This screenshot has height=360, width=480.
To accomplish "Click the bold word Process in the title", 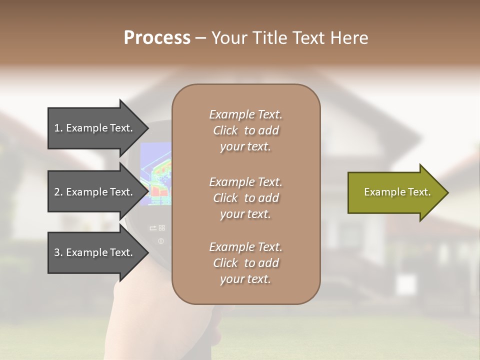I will click(157, 38).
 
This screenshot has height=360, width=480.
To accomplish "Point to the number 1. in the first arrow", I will click(58, 128).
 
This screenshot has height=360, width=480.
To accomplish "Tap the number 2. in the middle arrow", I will click(58, 192).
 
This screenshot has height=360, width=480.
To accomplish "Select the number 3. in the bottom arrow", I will click(58, 252).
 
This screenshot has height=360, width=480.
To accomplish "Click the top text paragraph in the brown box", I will click(245, 130).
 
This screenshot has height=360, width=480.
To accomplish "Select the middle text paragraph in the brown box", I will click(245, 198).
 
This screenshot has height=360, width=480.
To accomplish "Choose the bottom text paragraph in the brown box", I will click(245, 263).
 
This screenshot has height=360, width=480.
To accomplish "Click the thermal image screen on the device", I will click(156, 172).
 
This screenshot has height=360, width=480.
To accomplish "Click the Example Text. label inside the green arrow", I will click(397, 192).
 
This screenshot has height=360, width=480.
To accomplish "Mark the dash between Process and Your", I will click(200, 38).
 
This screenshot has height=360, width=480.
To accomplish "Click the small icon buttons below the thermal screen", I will click(157, 228).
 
